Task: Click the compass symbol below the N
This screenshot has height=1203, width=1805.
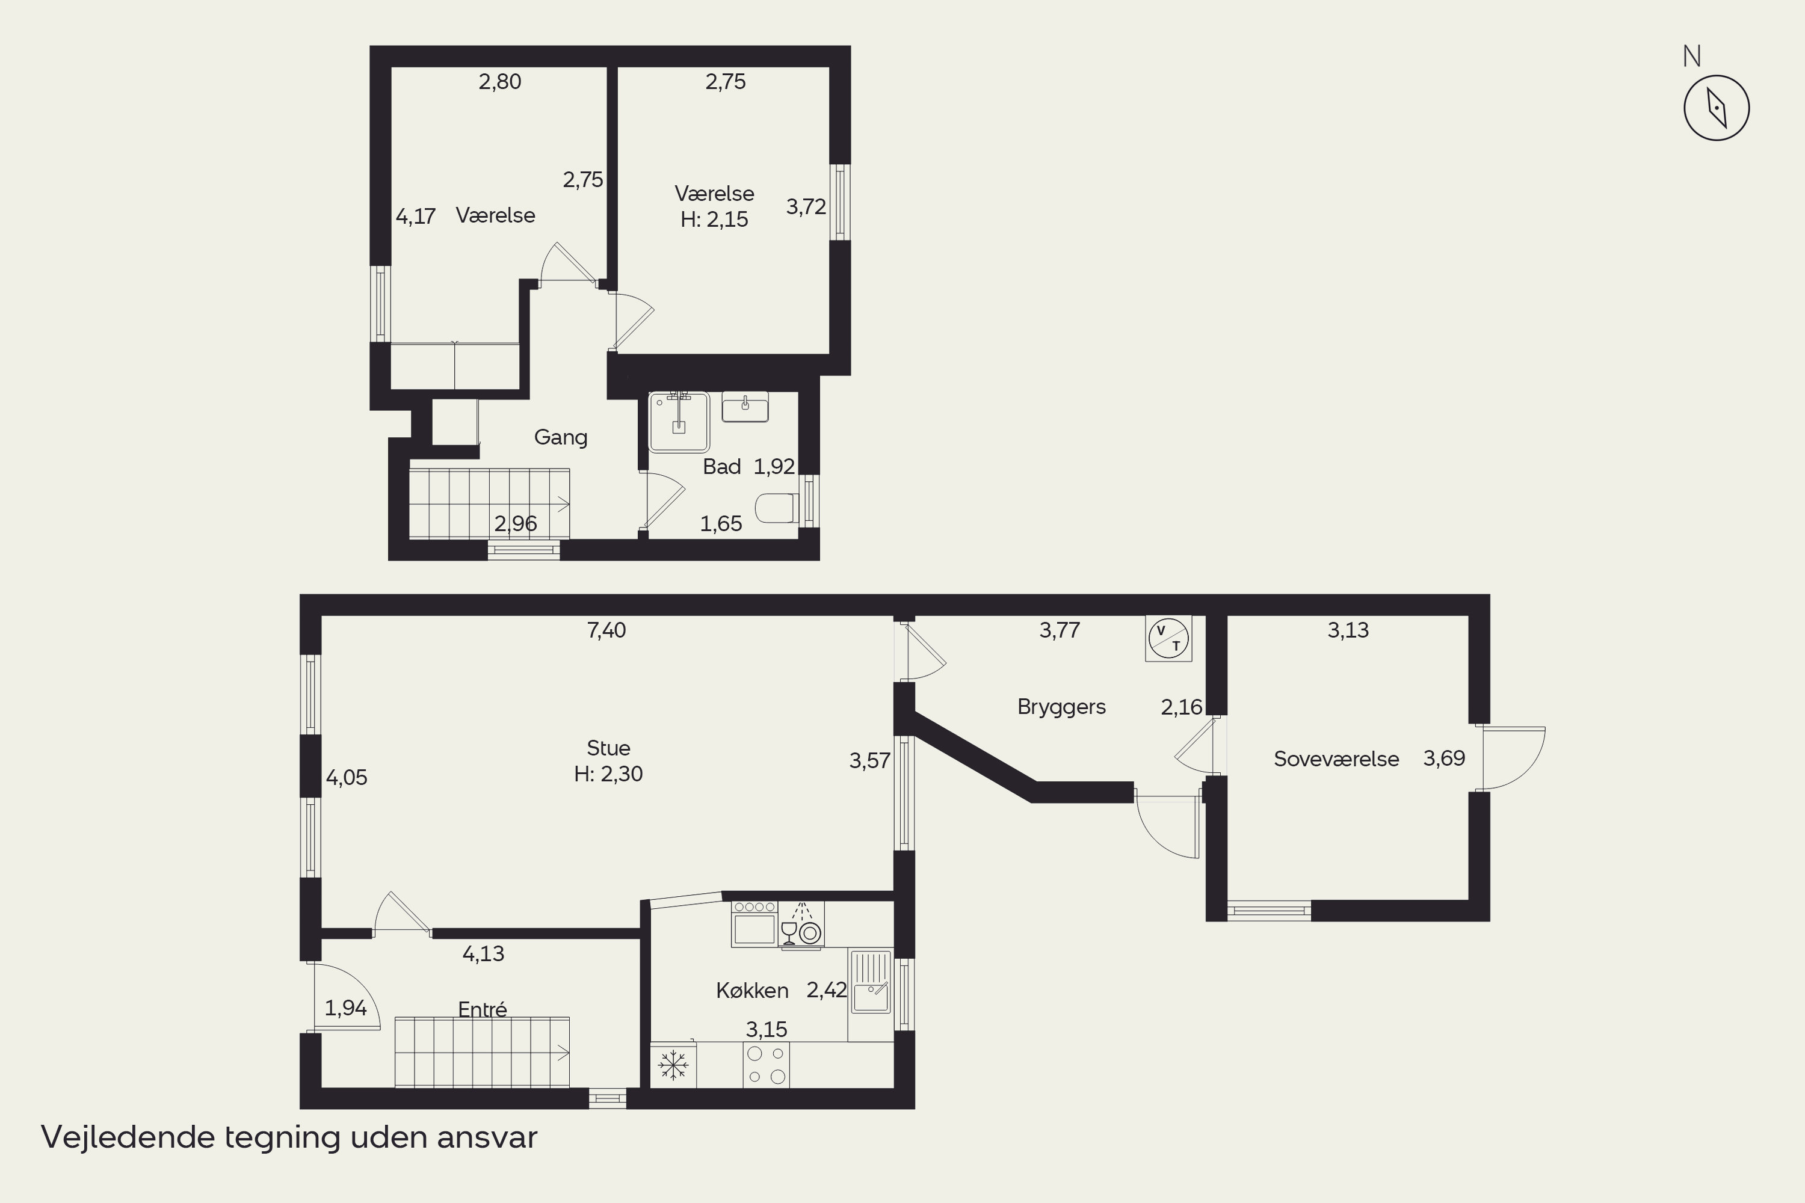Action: pos(1717,108)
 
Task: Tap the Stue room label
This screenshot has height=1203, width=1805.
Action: pos(608,748)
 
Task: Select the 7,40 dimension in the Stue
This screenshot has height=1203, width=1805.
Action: pos(606,630)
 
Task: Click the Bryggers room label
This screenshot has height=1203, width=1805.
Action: pos(1061,707)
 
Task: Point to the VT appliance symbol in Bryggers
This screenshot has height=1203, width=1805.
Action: pos(1168,638)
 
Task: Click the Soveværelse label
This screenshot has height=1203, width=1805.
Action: pos(1336,758)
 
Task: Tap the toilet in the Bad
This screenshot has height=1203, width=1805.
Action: pos(777,508)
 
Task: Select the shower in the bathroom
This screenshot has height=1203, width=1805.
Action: pos(679,422)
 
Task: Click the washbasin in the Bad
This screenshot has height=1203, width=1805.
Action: pos(744,407)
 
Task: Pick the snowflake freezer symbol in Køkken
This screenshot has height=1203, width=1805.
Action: pos(673,1065)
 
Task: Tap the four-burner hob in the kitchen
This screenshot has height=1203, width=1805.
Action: pos(766,1065)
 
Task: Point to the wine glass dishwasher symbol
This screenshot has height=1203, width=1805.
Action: pos(800,925)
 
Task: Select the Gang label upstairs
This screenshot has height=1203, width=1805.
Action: pos(560,437)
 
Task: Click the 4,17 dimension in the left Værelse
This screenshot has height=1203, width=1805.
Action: pos(415,217)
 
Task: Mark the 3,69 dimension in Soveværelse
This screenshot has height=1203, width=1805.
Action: pos(1445,758)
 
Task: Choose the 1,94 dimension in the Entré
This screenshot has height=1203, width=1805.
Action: pos(345,1008)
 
